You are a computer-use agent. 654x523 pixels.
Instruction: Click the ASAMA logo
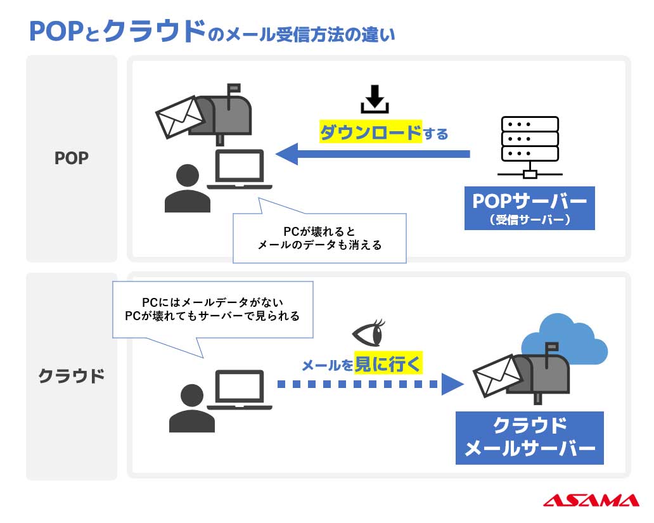(x=591, y=500)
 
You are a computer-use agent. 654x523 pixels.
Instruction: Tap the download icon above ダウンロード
(x=375, y=99)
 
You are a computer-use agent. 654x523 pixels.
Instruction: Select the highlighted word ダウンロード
(x=370, y=132)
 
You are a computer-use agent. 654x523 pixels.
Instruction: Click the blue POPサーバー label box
(x=529, y=208)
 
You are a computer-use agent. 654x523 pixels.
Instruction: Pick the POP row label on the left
(x=72, y=158)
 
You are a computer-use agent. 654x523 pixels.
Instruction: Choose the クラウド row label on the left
(x=72, y=375)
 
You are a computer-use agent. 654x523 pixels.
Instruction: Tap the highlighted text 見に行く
(x=387, y=363)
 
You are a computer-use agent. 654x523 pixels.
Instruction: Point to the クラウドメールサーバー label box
(x=529, y=437)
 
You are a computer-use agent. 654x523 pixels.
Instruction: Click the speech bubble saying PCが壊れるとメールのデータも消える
(x=319, y=238)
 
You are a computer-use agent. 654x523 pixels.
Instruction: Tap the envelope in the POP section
(x=179, y=117)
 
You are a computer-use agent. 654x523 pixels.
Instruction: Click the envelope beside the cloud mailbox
(x=497, y=376)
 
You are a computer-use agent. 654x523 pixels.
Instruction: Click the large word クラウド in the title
(x=155, y=32)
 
